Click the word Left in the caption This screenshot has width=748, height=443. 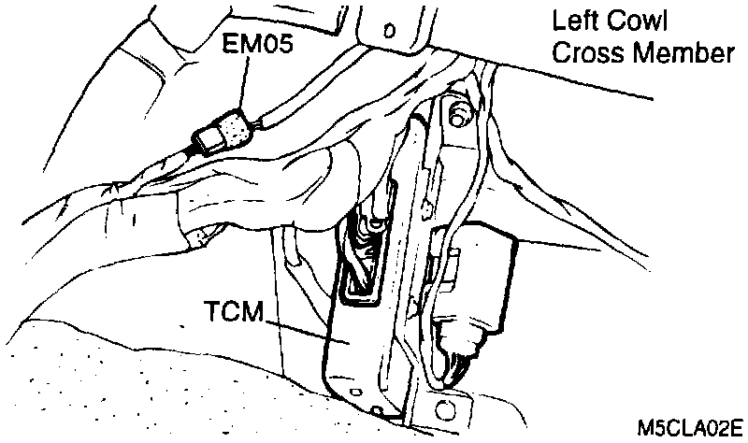coord(574,21)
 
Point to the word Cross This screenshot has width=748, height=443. coord(583,53)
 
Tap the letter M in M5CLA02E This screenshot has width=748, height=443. coord(645,429)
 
